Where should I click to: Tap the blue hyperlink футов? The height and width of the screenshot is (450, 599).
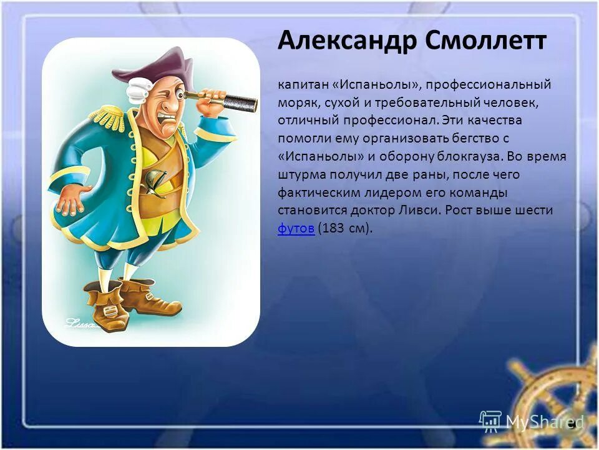click(296, 228)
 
